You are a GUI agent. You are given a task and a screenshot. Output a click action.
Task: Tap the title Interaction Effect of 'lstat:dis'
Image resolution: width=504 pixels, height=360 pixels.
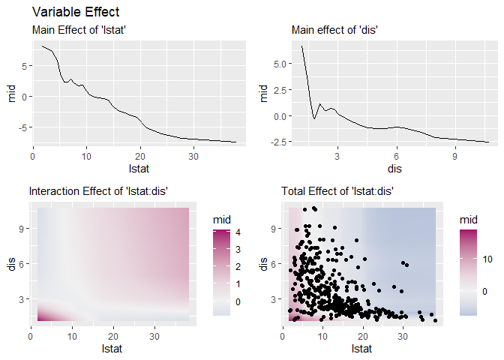(x=97, y=192)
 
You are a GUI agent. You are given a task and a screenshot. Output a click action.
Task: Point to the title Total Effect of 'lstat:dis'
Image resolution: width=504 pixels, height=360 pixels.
(x=337, y=192)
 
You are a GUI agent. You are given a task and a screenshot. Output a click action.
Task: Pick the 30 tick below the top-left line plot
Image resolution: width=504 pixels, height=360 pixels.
(x=193, y=156)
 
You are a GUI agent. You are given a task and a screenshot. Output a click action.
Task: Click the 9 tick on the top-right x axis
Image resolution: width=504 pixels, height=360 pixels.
(x=455, y=156)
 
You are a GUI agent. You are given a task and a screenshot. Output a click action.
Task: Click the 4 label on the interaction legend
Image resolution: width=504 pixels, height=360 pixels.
(x=237, y=233)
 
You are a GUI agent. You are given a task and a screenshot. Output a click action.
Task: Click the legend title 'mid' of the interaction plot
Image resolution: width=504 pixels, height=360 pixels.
(x=222, y=218)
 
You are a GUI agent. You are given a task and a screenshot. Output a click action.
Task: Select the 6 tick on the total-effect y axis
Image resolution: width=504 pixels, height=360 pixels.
(x=275, y=263)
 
